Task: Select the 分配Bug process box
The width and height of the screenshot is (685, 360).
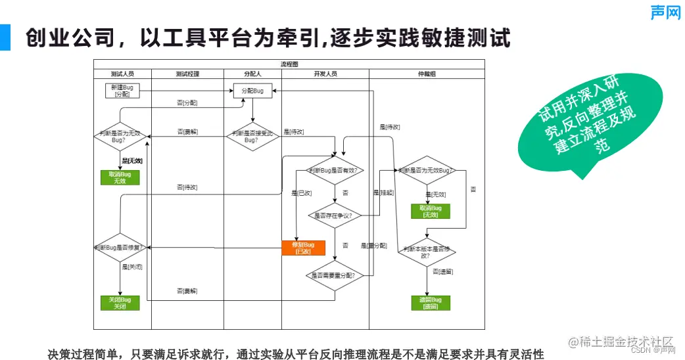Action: [x=252, y=91]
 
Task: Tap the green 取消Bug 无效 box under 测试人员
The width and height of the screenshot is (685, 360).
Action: [x=120, y=177]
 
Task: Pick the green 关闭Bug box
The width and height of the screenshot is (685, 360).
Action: [x=120, y=303]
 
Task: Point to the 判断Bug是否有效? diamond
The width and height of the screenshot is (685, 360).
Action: [x=335, y=171]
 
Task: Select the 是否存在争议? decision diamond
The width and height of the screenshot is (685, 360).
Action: [x=335, y=215]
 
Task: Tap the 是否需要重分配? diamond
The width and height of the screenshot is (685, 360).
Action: [x=335, y=275]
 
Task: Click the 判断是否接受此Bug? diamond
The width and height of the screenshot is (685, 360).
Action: [x=252, y=137]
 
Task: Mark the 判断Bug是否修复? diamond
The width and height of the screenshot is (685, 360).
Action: [x=120, y=248]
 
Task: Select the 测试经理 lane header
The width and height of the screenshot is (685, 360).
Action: [x=187, y=74]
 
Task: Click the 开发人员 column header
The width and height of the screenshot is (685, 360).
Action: [x=325, y=74]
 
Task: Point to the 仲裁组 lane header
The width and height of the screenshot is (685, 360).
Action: [x=427, y=74]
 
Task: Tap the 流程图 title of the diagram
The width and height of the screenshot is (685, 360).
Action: [x=289, y=64]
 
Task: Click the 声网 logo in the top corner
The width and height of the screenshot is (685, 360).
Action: [x=665, y=12]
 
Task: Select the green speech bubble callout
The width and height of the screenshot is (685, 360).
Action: [x=579, y=131]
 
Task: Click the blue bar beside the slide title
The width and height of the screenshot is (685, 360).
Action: [x=5, y=37]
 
